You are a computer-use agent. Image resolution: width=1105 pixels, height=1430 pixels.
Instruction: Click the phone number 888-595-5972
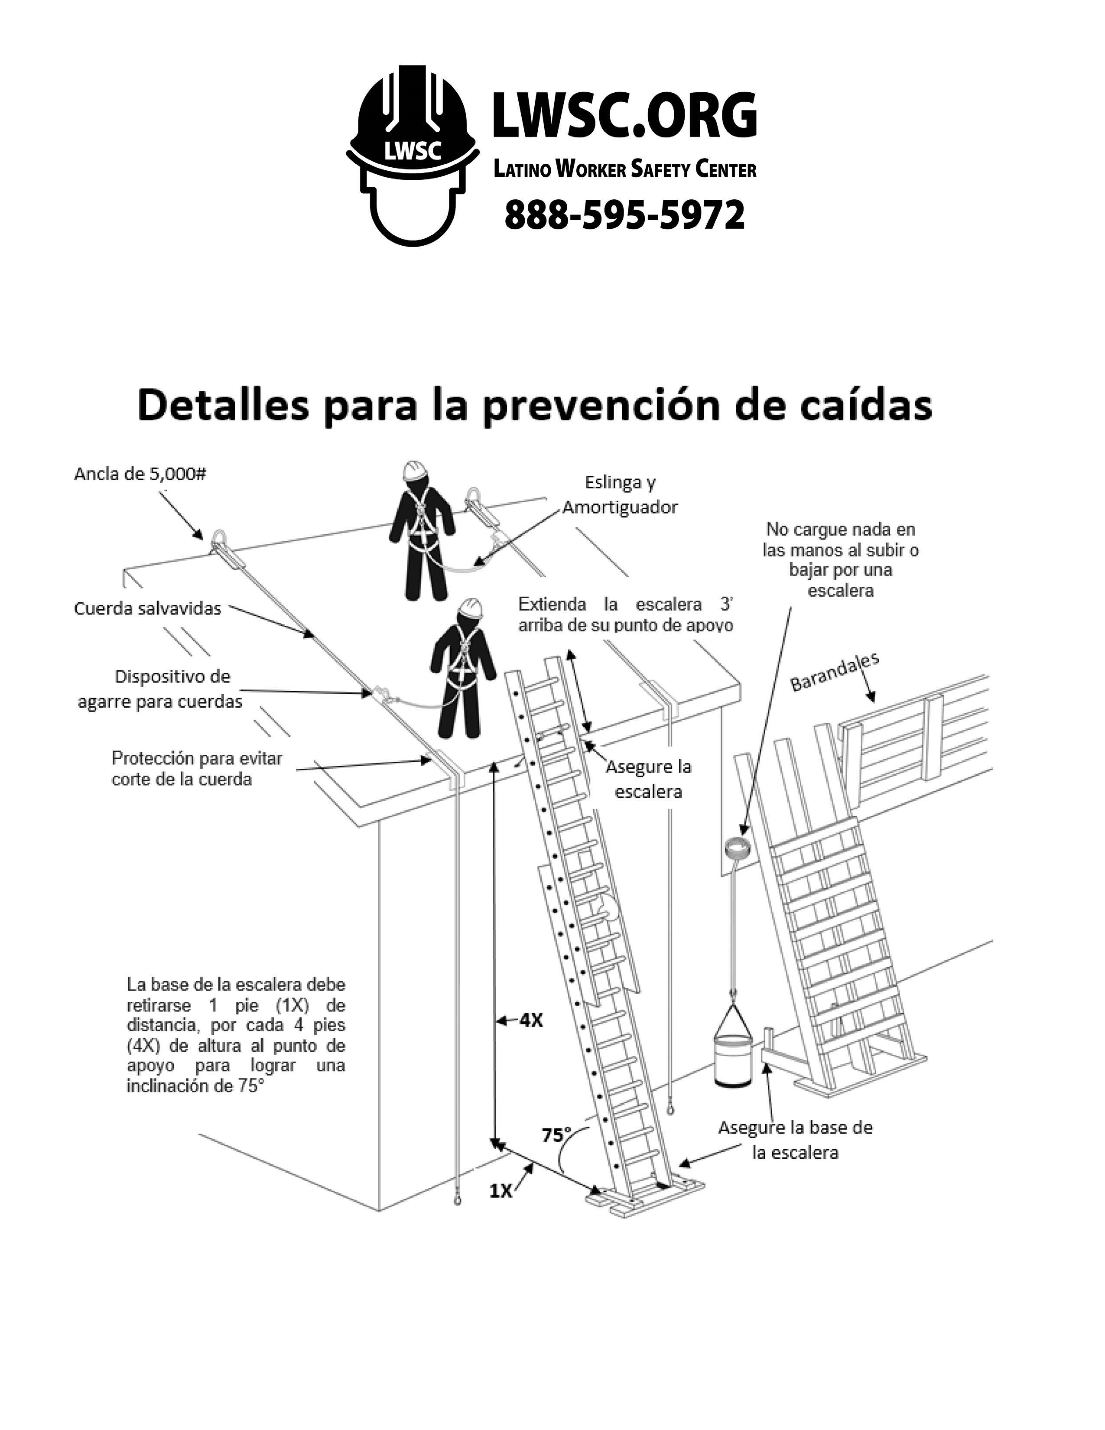coord(624,215)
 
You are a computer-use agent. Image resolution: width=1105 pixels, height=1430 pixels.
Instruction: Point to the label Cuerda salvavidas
coord(147,609)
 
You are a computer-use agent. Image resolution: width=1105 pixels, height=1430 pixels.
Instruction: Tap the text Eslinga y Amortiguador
coord(620,495)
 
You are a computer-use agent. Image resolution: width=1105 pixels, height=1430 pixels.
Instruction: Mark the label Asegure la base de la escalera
coord(795,1140)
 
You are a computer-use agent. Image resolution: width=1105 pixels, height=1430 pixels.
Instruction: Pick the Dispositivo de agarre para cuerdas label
coord(160,689)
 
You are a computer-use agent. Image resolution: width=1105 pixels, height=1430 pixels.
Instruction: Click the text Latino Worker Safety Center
coord(624,169)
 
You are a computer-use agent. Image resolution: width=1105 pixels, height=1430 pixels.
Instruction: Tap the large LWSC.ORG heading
coord(624,115)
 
